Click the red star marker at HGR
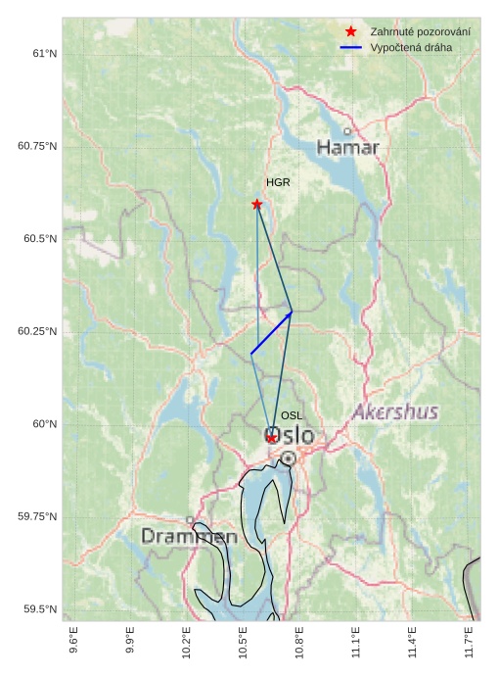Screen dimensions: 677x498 [x=257, y=204]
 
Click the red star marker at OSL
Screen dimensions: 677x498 [x=271, y=438]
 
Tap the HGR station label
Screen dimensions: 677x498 [x=278, y=183]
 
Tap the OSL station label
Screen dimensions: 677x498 [x=292, y=416]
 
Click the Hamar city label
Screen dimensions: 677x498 [x=347, y=148]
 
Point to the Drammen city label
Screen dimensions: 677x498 [x=189, y=537]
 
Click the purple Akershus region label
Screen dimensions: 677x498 [x=395, y=411]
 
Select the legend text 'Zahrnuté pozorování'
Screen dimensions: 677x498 [x=420, y=32]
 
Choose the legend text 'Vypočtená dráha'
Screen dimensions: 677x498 [x=411, y=47]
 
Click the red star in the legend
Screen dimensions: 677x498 [x=350, y=32]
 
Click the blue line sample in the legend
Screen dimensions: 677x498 [x=350, y=47]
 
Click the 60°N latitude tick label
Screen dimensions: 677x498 [x=44, y=424]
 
